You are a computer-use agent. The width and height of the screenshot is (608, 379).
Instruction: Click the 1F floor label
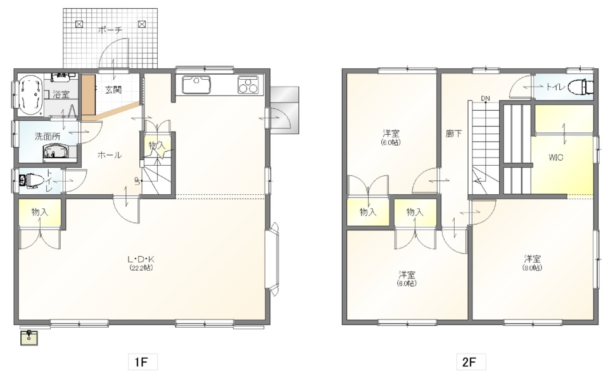pos(141,362)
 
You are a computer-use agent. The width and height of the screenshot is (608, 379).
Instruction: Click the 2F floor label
pos(469,362)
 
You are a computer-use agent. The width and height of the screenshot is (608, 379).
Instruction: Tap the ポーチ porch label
pos(110,30)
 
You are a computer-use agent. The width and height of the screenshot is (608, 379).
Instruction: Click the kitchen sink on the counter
pos(196,85)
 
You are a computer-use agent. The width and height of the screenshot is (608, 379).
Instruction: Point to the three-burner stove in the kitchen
pos(248,85)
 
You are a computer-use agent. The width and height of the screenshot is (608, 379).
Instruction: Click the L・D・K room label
pos(141,259)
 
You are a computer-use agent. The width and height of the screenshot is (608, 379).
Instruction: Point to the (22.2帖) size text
pos(141,268)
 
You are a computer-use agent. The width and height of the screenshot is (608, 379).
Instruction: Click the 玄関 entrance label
pos(113,90)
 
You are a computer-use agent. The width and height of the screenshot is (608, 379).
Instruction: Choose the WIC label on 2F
pos(555,158)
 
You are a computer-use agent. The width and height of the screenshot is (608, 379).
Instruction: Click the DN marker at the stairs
pos(486,99)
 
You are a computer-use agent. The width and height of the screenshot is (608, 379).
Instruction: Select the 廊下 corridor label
pos(453,134)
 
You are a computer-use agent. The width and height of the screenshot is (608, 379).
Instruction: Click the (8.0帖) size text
pos(532,268)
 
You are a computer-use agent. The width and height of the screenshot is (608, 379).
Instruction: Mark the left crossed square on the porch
pos(79,25)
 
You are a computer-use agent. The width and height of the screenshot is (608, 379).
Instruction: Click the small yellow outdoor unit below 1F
pos(30,337)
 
